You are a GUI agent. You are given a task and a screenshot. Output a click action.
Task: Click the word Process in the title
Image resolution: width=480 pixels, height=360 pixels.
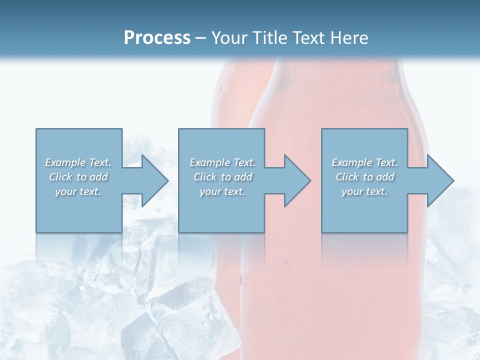(157, 38)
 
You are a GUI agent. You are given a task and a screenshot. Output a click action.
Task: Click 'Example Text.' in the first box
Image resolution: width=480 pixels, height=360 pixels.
(78, 162)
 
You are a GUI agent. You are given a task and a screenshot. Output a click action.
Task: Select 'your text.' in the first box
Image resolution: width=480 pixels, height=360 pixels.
(78, 191)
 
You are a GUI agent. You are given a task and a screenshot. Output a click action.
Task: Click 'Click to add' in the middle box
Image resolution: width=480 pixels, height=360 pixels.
(222, 177)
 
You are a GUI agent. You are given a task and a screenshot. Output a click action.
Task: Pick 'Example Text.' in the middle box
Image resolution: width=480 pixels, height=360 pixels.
(222, 162)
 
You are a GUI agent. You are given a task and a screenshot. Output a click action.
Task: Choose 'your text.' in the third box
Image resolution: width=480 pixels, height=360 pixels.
(364, 191)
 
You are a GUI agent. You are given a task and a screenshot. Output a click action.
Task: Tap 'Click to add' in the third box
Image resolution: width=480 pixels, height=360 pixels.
(364, 177)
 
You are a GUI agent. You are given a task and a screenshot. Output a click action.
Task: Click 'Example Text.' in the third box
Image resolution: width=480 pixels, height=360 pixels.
(364, 162)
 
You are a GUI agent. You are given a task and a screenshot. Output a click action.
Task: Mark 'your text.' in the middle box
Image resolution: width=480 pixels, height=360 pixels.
(222, 191)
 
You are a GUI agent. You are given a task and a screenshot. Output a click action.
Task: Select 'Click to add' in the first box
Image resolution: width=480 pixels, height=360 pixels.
(78, 177)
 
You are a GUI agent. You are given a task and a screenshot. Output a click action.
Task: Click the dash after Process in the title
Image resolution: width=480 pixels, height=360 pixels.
(200, 38)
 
